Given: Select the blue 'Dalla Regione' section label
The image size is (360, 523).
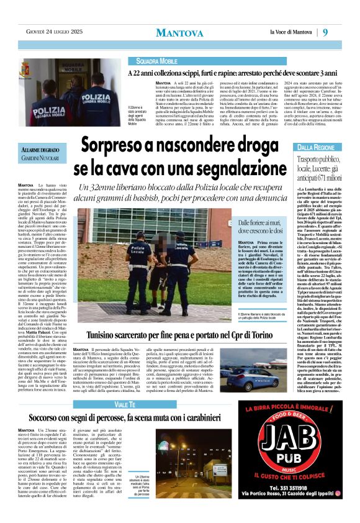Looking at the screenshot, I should (318, 147).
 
